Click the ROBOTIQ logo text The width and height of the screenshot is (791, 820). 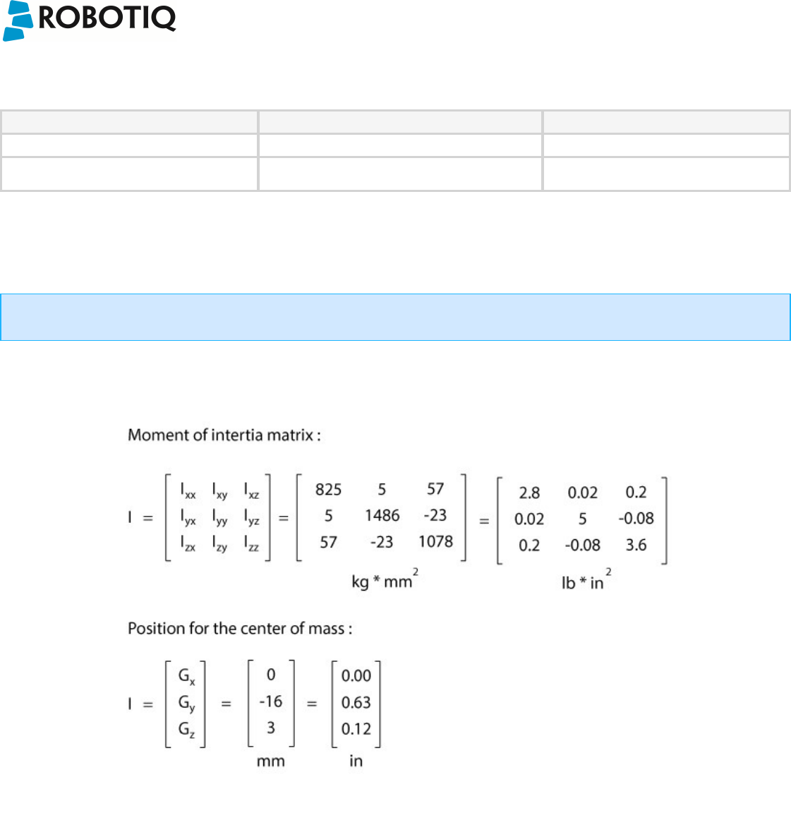[x=107, y=18]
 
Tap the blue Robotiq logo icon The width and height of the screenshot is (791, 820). [x=18, y=20]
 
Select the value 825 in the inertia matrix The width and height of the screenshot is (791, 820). [x=328, y=490]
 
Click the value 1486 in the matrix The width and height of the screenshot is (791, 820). [x=382, y=516]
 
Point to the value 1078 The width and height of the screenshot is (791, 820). [x=435, y=542]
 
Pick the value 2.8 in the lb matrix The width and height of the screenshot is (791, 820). [x=529, y=493]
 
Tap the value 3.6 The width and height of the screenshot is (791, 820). [x=636, y=545]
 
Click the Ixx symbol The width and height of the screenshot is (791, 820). [x=188, y=490]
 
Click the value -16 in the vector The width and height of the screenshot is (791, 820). [x=270, y=701]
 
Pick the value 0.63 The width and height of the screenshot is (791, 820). [x=356, y=702]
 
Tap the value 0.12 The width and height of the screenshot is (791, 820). [x=356, y=729]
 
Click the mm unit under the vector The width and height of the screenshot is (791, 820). [x=271, y=761]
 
